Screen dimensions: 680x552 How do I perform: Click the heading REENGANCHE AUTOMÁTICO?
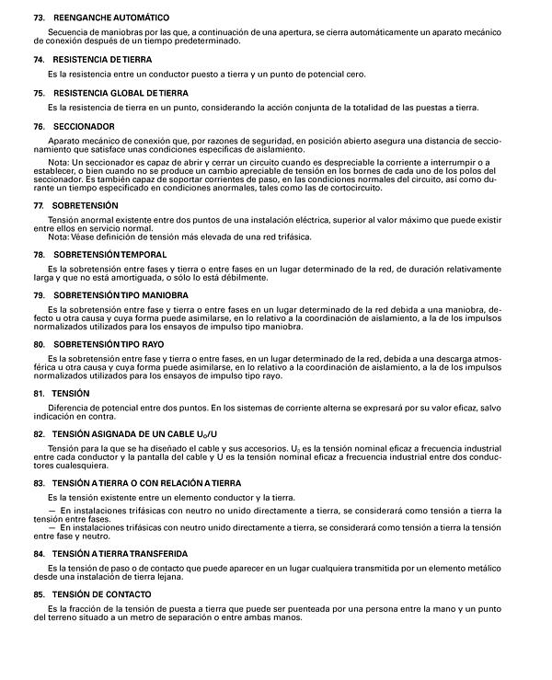click(111, 18)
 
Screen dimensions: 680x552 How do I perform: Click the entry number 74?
click(39, 59)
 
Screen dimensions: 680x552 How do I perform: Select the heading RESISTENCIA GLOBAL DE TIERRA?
click(121, 93)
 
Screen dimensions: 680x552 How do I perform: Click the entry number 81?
click(39, 393)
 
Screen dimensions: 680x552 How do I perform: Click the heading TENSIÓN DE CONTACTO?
click(103, 594)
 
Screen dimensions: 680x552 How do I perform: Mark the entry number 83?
click(39, 482)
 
